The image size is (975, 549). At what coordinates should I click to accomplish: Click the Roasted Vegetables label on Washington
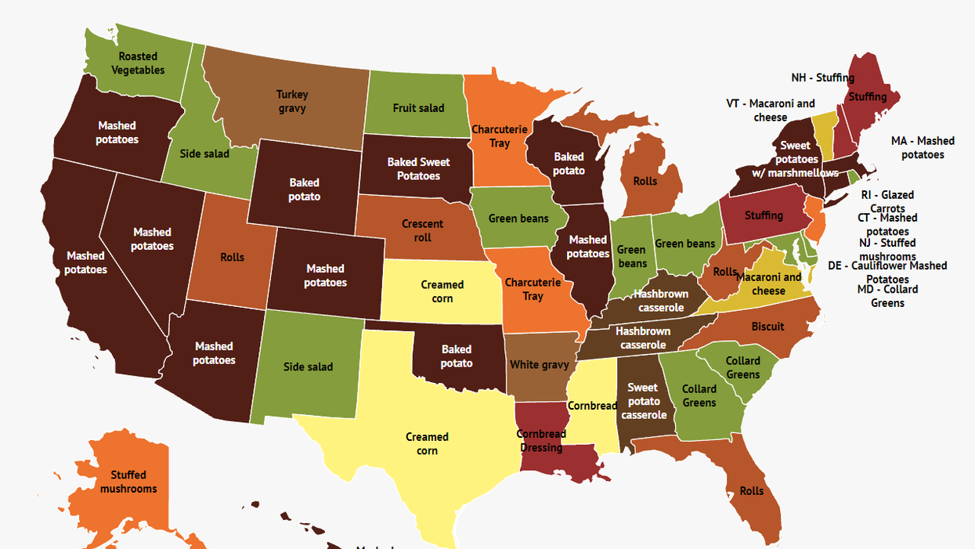(x=138, y=63)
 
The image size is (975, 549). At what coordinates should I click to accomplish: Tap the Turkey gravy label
(x=291, y=102)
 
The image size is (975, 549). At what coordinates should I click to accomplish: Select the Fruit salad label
(x=418, y=108)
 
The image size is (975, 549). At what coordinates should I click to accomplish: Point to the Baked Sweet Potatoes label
(x=418, y=169)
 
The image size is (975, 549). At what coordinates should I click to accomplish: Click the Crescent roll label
(x=422, y=231)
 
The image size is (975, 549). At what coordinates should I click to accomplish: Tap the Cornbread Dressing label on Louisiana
(x=541, y=441)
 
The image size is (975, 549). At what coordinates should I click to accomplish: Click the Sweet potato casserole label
(x=644, y=401)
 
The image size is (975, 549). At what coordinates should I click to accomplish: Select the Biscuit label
(x=767, y=327)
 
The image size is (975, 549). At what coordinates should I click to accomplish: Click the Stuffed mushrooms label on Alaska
(x=128, y=482)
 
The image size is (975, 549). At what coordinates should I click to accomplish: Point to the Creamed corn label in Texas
(x=427, y=444)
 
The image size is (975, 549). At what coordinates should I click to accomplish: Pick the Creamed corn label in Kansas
(x=442, y=291)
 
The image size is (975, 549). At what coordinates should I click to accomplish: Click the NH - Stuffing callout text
(x=822, y=78)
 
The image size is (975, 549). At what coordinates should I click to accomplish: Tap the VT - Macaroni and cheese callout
(x=771, y=110)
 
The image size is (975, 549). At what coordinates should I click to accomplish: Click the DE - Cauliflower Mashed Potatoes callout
(x=887, y=272)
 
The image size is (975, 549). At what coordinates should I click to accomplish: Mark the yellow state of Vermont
(x=823, y=133)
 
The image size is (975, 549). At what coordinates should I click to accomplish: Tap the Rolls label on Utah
(x=232, y=257)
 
